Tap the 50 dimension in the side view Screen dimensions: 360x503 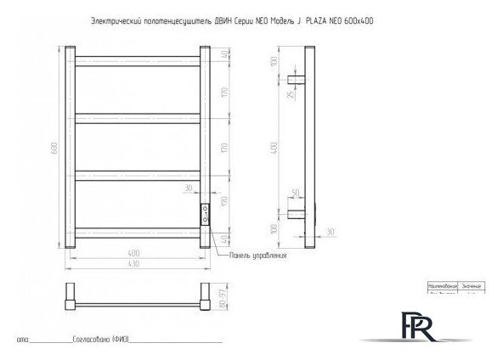click(x=295, y=194)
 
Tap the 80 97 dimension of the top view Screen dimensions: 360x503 click(x=223, y=300)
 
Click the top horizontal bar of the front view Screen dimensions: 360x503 click(x=137, y=59)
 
